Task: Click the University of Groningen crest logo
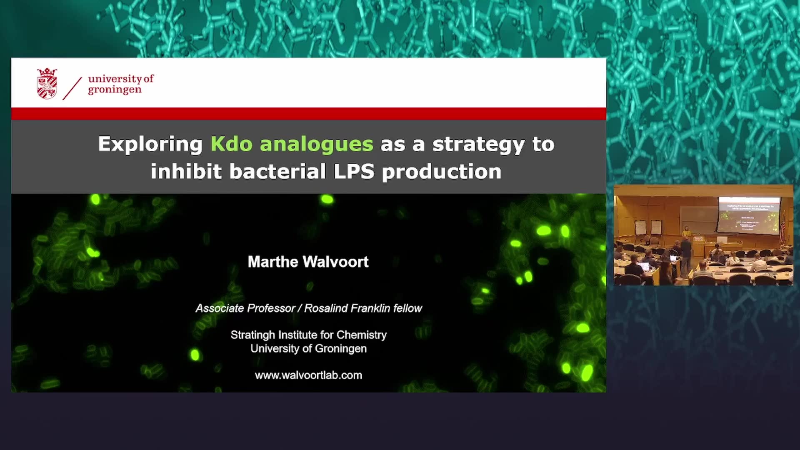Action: tap(47, 83)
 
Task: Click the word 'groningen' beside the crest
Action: tap(115, 90)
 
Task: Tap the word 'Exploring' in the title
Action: tap(150, 145)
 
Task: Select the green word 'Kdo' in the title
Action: tap(231, 144)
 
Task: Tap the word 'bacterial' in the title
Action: tap(277, 171)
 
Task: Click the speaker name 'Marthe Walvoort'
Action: tap(308, 262)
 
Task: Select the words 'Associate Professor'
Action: tap(245, 308)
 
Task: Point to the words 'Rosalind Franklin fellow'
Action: tap(363, 308)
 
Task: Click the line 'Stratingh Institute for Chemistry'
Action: tap(309, 335)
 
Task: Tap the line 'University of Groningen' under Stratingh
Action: tap(309, 349)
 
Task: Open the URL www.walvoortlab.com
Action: tap(309, 375)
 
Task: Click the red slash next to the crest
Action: tap(72, 88)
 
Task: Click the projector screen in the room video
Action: tap(749, 215)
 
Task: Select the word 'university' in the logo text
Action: tap(115, 79)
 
